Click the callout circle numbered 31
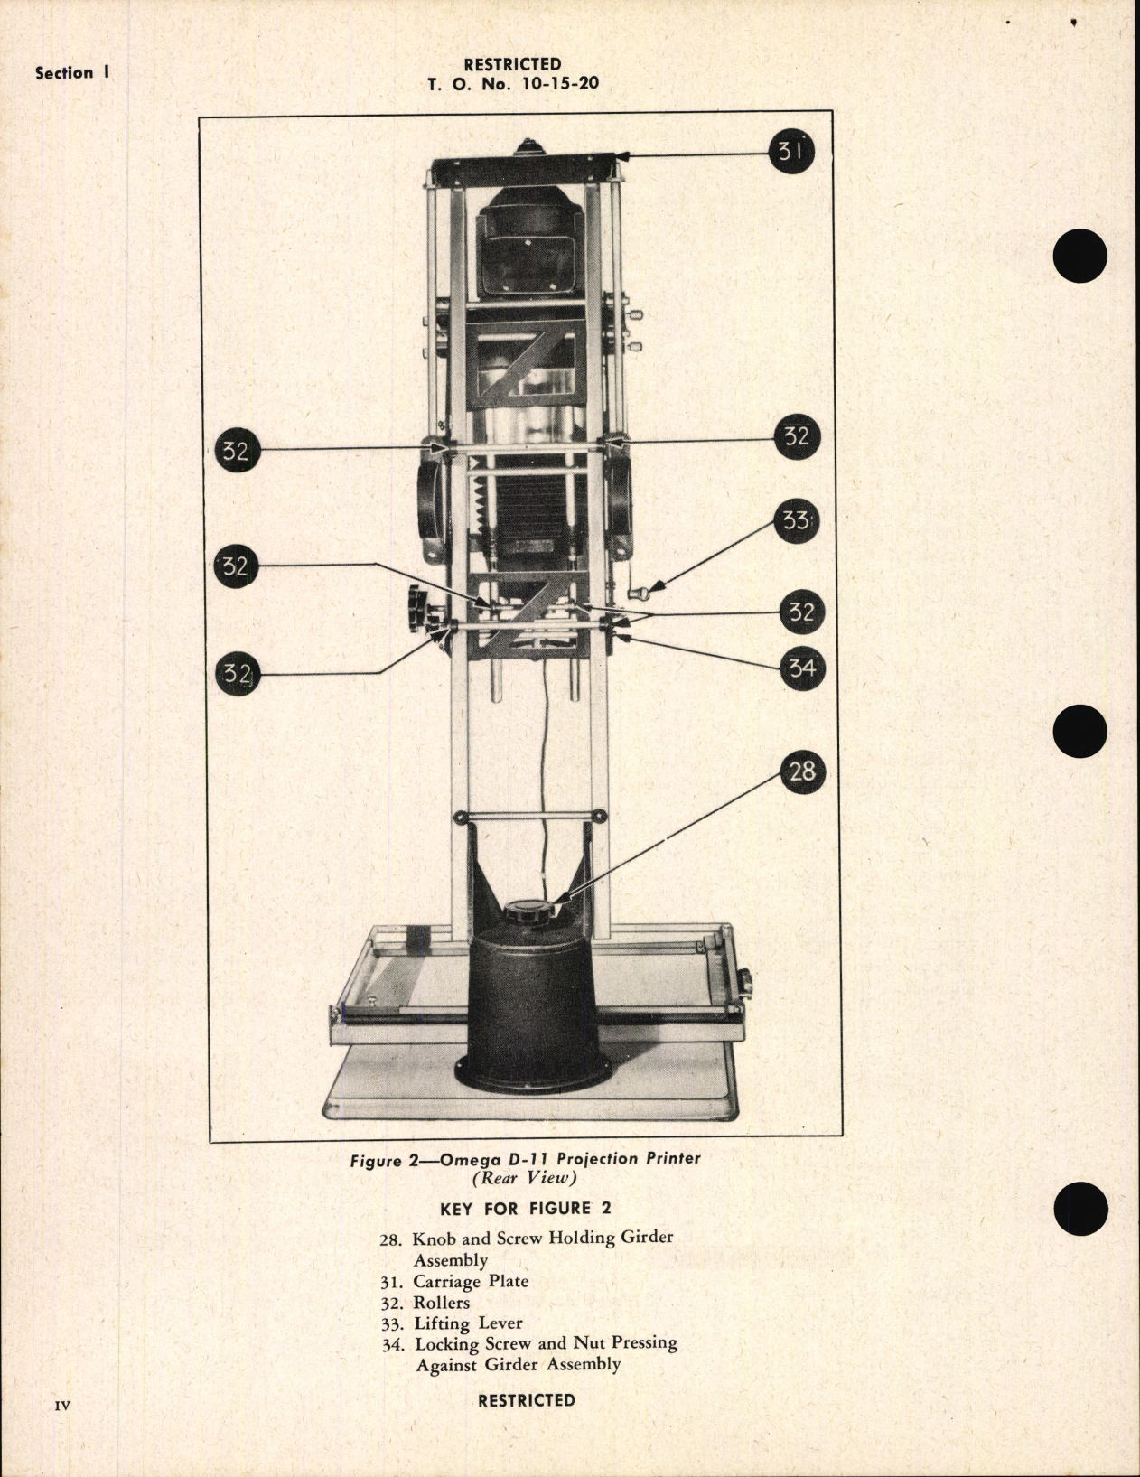791,151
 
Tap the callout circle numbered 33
796,522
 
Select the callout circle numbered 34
801,668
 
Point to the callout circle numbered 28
801,771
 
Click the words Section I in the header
72,73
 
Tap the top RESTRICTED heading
512,64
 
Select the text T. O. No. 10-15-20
513,84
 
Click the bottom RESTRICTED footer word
526,1400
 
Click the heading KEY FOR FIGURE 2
515,1209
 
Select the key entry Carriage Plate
470,1281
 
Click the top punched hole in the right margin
1079,256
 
